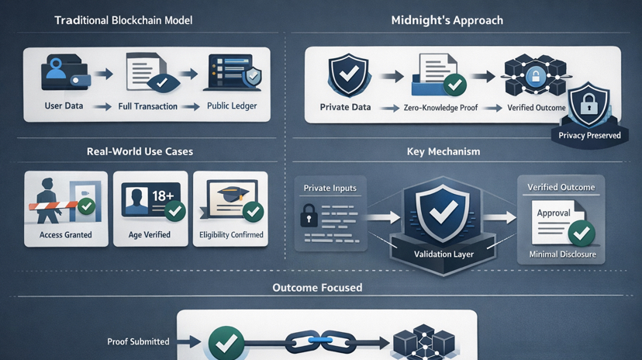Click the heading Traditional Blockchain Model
[x=123, y=20]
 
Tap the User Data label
[x=63, y=106]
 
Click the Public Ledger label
[x=232, y=106]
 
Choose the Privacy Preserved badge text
[x=589, y=136]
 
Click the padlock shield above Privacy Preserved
[x=589, y=105]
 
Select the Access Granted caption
[x=66, y=234]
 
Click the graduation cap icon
[x=230, y=194]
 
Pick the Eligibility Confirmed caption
[x=230, y=234]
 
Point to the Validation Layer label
[x=443, y=254]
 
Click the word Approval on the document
[x=554, y=213]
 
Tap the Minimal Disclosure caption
[x=561, y=254]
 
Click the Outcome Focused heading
[x=317, y=288]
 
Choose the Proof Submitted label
[x=139, y=341]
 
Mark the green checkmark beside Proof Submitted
[x=226, y=342]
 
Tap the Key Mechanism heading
[x=443, y=152]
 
